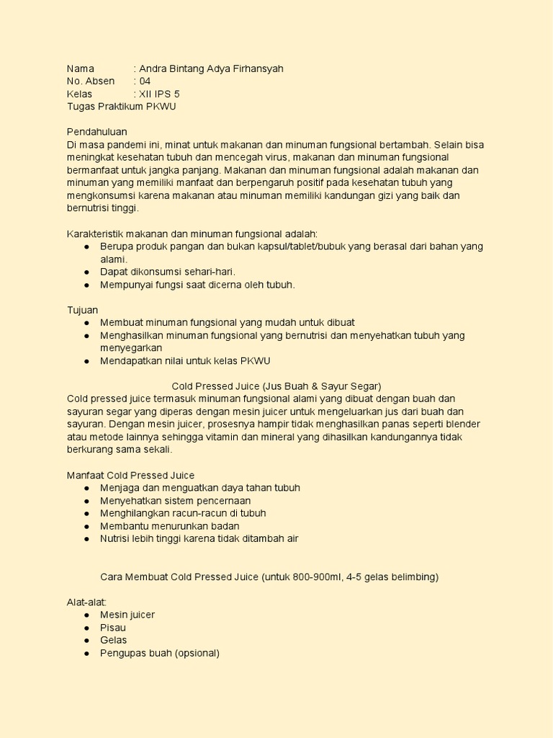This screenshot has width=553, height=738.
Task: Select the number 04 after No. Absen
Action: (x=144, y=81)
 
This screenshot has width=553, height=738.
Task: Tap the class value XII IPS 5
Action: (x=159, y=94)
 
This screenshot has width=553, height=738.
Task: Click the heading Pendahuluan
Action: (x=96, y=132)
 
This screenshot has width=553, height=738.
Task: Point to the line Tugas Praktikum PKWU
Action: (x=121, y=107)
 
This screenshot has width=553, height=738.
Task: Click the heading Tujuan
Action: (x=82, y=310)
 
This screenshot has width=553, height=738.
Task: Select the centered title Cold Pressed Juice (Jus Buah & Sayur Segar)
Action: (x=276, y=386)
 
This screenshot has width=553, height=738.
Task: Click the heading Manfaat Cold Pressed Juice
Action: (x=130, y=476)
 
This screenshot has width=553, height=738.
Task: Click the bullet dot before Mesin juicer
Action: (x=86, y=615)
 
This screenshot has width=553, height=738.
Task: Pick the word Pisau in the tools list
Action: (x=113, y=628)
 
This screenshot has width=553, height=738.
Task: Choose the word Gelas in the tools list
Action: (x=114, y=640)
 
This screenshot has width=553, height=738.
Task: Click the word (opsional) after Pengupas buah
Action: (x=197, y=653)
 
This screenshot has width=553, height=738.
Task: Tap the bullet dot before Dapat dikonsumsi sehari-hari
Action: (x=86, y=272)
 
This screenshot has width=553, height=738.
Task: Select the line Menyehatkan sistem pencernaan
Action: (x=176, y=501)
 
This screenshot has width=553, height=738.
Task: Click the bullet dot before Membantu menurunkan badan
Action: (x=86, y=526)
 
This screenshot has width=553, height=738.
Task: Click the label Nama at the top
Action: (x=81, y=68)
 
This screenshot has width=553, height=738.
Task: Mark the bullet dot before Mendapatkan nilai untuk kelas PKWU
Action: (x=86, y=360)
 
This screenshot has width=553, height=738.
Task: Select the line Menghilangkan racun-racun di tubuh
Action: (x=183, y=513)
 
